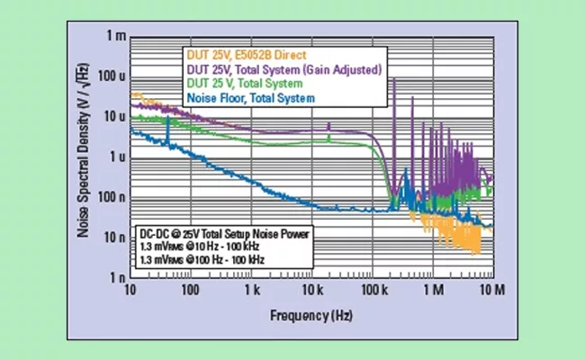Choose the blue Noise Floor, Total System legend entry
click(250, 96)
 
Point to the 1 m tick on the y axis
click(113, 37)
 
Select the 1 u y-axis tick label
click(113, 157)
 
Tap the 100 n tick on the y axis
click(109, 197)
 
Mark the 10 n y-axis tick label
click(112, 238)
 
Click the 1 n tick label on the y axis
click(114, 277)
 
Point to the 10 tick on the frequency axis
click(131, 291)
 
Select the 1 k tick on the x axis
click(251, 291)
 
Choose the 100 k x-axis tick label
click(372, 291)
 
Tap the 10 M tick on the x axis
click(490, 291)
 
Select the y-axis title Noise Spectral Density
click(82, 157)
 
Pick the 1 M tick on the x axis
click(432, 291)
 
